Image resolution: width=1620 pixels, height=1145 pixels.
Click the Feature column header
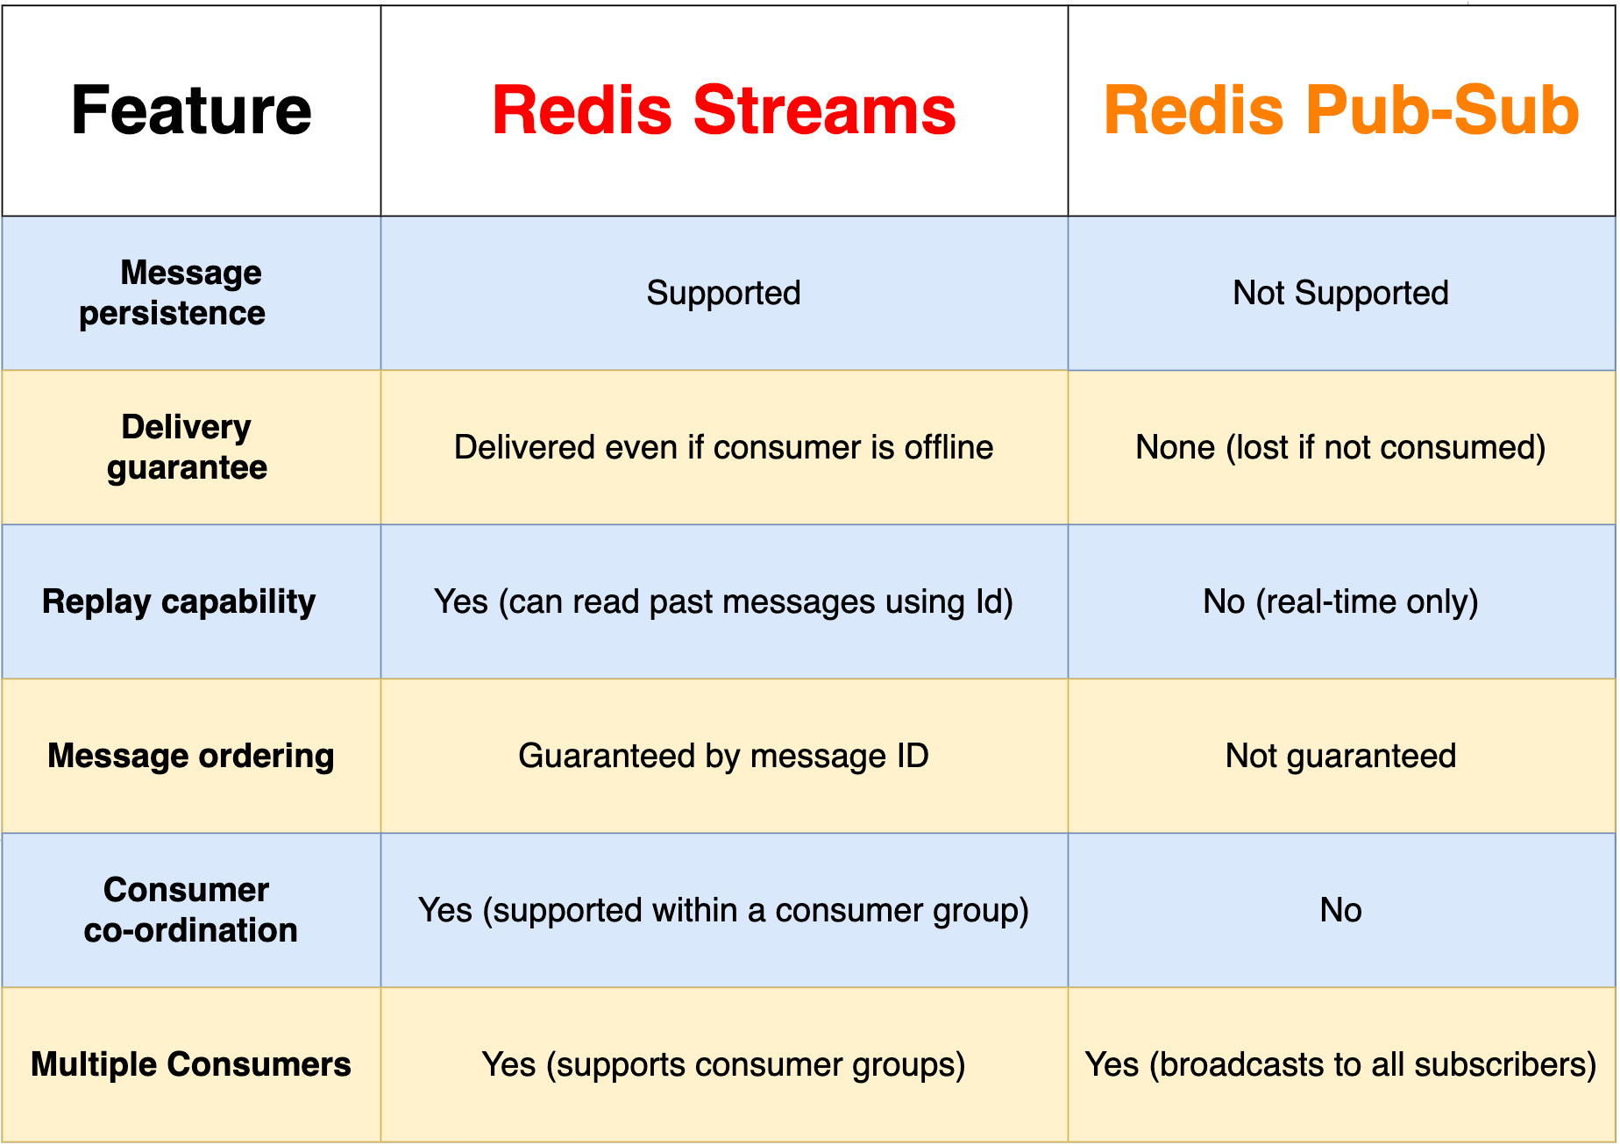point(191,110)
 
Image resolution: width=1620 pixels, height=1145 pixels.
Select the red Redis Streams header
point(723,110)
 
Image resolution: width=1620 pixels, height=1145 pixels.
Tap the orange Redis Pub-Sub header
point(1340,110)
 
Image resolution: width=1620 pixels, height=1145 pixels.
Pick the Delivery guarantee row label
point(187,447)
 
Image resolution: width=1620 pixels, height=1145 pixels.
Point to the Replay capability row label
point(179,601)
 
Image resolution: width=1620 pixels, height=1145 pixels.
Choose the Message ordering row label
point(191,756)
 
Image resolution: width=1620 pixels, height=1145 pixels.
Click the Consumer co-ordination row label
point(189,910)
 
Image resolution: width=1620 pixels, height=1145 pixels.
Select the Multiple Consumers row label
point(191,1064)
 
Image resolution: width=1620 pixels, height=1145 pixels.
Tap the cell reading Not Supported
point(1340,293)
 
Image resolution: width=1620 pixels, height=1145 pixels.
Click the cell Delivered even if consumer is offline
point(723,447)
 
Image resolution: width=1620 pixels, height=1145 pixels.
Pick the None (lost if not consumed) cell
point(1340,447)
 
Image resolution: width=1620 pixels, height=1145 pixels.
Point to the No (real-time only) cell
point(1340,601)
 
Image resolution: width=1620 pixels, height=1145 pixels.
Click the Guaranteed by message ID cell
point(723,756)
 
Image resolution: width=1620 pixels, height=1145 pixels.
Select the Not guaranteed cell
point(1340,756)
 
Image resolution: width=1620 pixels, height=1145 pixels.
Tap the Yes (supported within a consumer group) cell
point(723,910)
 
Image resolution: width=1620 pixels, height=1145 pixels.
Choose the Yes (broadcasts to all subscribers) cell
point(1340,1064)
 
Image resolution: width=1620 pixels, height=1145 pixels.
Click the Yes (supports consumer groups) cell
point(723,1064)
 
